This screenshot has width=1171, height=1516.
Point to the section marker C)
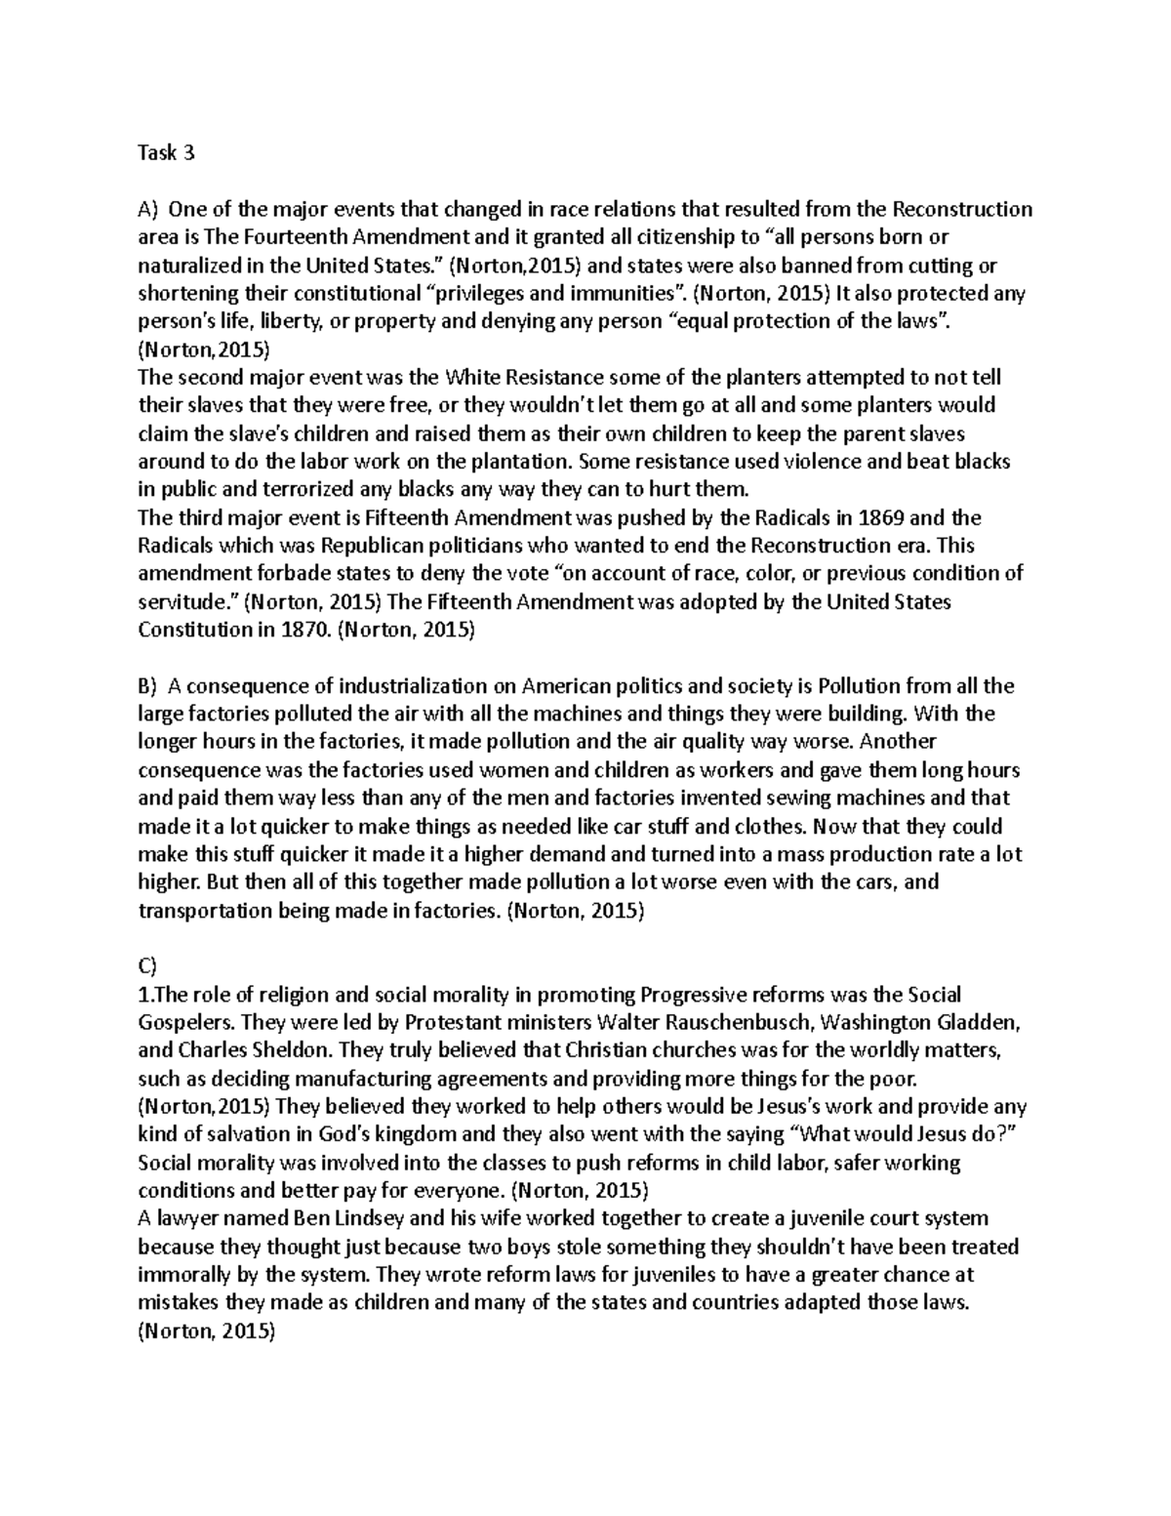pos(147,966)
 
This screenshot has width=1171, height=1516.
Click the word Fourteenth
pos(279,237)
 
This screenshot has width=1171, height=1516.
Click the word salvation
pos(224,1135)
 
